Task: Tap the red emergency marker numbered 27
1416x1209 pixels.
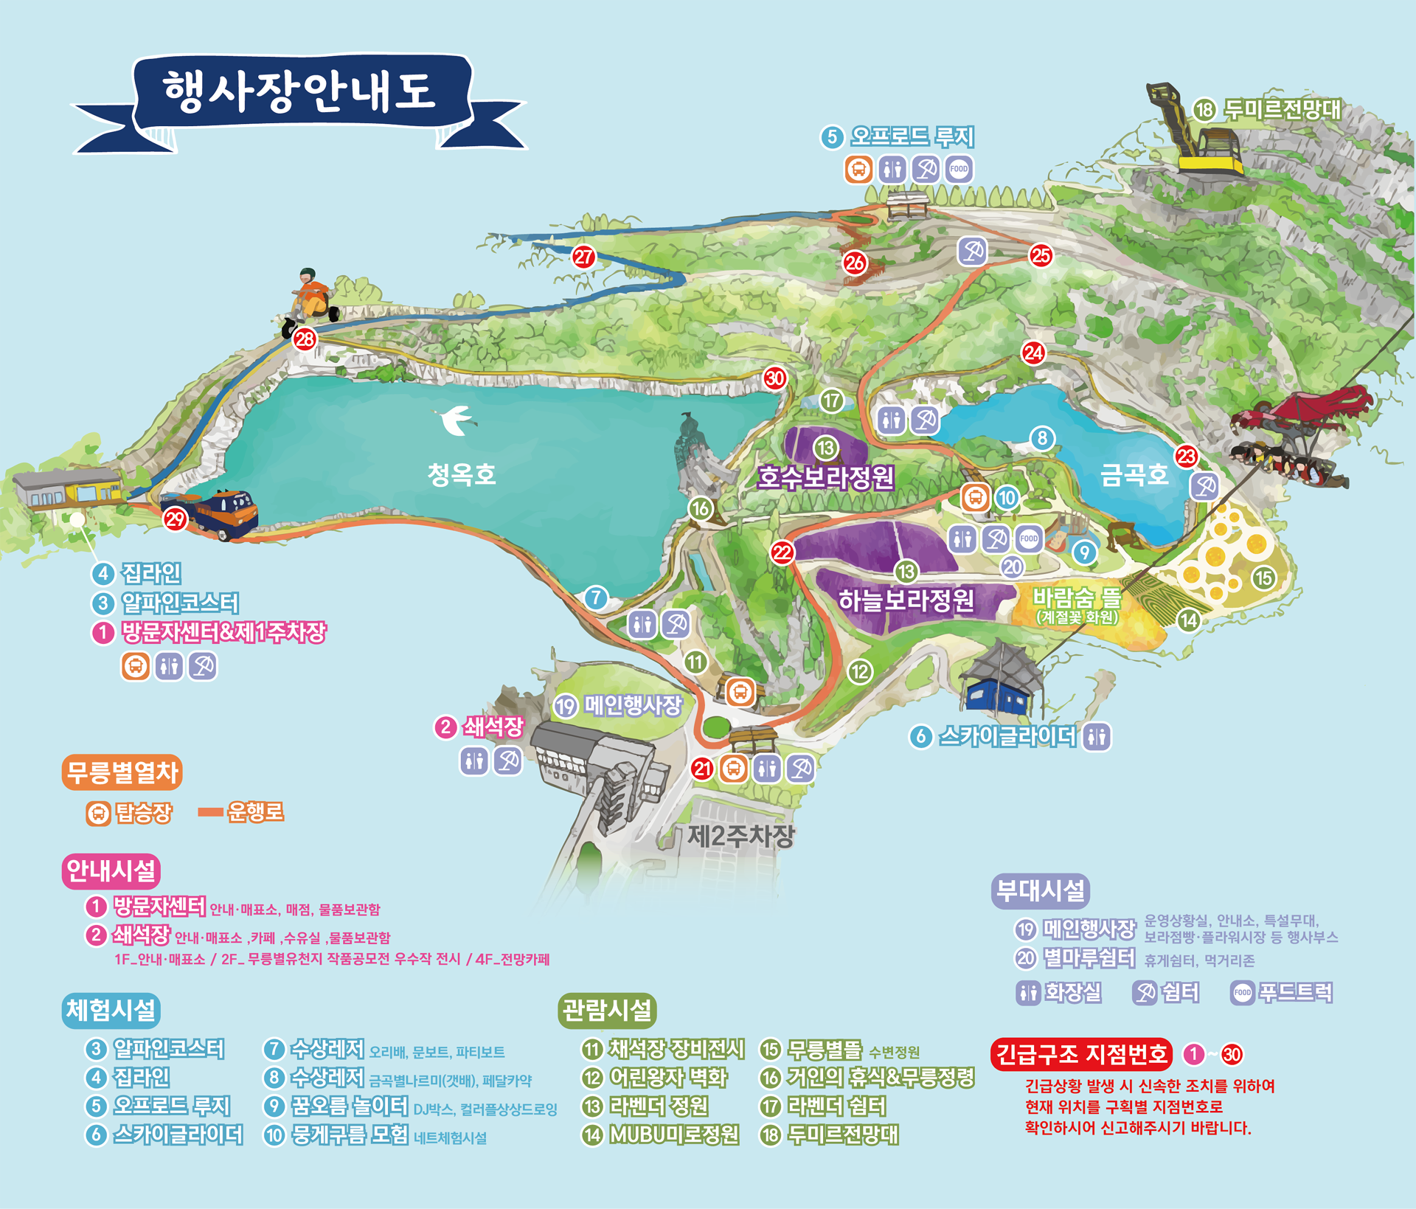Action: pos(583,257)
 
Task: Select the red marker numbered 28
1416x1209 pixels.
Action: pos(304,339)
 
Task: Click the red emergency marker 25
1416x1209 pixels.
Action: pos(1041,256)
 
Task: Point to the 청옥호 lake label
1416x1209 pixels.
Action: pos(462,474)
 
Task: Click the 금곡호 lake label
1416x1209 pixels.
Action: pos(1134,474)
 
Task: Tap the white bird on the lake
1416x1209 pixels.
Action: pos(457,420)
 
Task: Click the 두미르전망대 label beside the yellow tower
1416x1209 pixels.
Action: pos(1282,110)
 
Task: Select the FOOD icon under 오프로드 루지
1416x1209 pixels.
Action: pos(959,169)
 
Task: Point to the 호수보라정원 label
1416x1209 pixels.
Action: pos(826,477)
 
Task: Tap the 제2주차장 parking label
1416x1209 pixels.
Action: pos(740,836)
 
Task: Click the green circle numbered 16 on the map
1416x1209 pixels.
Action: pos(700,508)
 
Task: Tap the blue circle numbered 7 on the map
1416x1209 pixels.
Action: pos(596,597)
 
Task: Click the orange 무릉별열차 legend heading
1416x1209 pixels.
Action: pos(122,772)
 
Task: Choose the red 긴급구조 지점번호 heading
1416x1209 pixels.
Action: pos(1081,1054)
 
